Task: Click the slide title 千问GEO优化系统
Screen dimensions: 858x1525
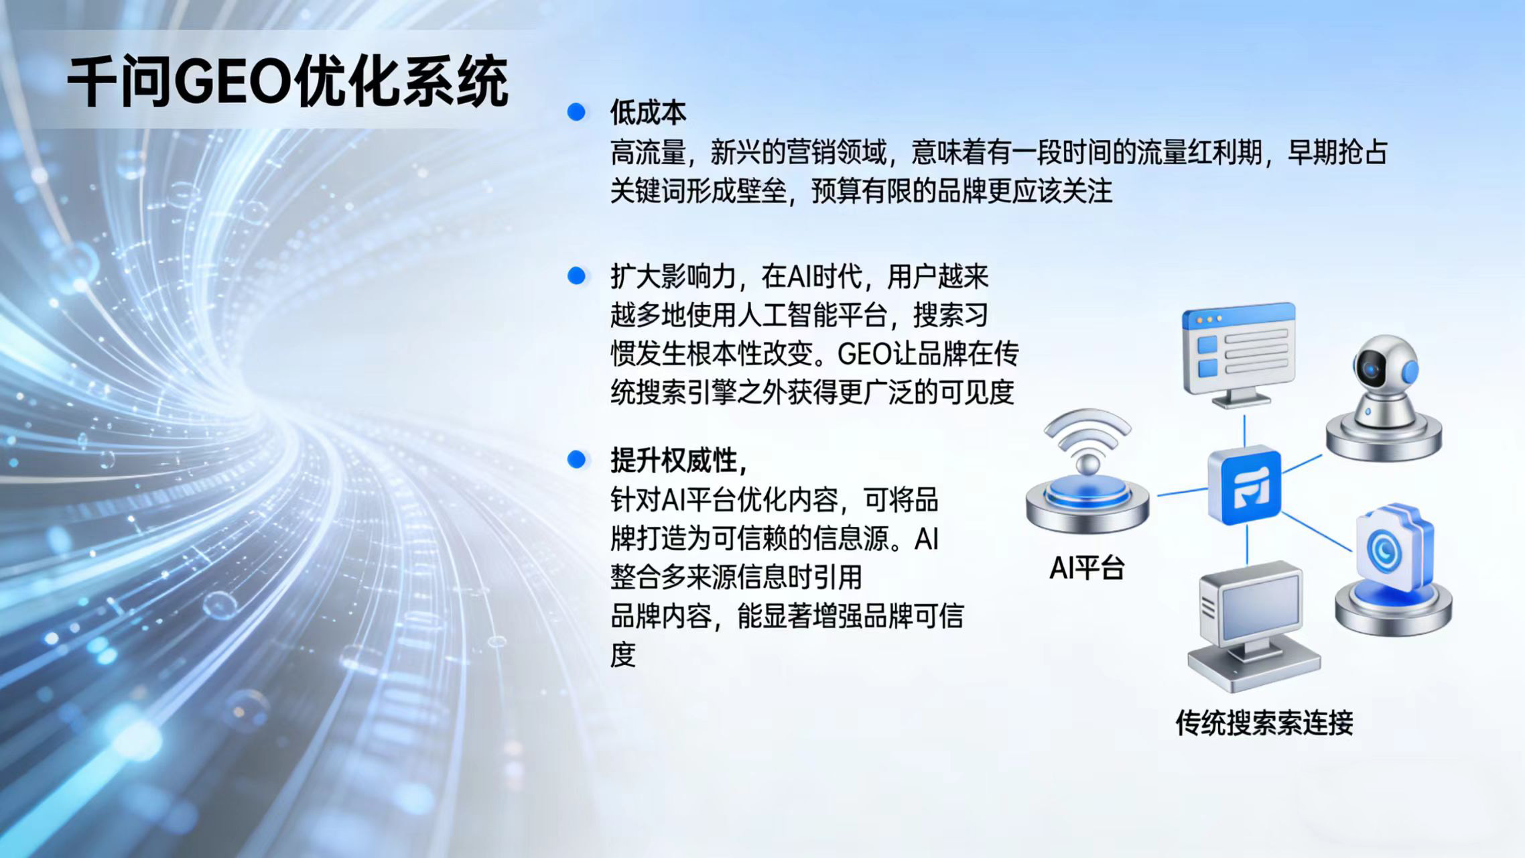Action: pyautogui.click(x=288, y=82)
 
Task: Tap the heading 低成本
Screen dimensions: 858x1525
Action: pyautogui.click(x=648, y=113)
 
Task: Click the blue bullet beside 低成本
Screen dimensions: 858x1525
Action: pyautogui.click(x=576, y=112)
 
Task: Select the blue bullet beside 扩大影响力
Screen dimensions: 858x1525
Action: pyautogui.click(x=576, y=275)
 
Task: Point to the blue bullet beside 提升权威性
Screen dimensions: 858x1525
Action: pyautogui.click(x=576, y=459)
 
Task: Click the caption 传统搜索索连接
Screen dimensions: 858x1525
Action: pyautogui.click(x=1264, y=723)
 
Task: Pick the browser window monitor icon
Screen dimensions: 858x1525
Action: pyautogui.click(x=1239, y=352)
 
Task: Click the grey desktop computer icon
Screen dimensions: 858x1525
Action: pyautogui.click(x=1251, y=623)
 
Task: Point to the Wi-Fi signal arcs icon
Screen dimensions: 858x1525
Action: pyautogui.click(x=1087, y=432)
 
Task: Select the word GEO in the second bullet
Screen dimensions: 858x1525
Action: pyautogui.click(x=865, y=353)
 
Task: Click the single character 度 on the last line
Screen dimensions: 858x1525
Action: pyautogui.click(x=623, y=655)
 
